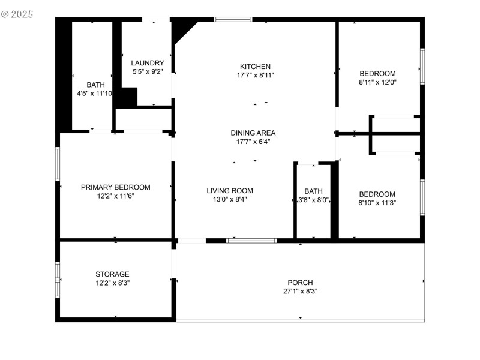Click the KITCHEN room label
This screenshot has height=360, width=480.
point(255,67)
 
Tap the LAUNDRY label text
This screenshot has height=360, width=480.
point(148,63)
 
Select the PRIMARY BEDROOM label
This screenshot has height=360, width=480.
point(116,187)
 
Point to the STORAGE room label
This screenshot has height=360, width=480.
point(112,274)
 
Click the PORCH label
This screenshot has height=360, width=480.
point(300,283)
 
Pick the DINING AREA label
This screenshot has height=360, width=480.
point(253,133)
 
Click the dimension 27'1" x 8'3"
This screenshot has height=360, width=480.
point(300,292)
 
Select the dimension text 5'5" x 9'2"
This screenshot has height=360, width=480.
point(148,72)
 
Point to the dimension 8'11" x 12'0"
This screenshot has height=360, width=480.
point(378,82)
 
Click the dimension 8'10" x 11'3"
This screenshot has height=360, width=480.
point(377,203)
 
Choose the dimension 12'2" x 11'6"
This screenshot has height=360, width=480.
point(116,196)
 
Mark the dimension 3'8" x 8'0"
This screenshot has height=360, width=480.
point(313,200)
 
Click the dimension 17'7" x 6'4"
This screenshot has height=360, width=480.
point(253,142)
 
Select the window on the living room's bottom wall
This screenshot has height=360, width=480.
point(251,241)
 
